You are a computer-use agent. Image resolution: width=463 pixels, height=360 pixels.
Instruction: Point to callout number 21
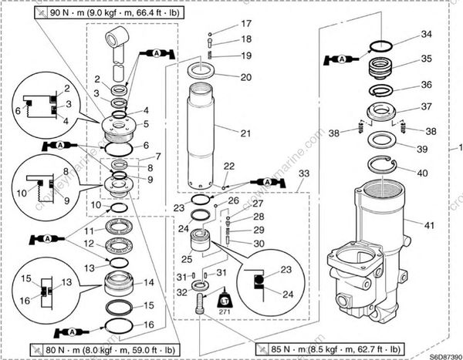click(245, 133)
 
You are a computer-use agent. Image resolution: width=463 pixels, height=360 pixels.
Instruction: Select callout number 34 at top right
click(426, 35)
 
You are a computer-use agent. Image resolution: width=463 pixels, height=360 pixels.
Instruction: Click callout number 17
click(245, 23)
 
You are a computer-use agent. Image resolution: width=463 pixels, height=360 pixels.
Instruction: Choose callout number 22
click(228, 167)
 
